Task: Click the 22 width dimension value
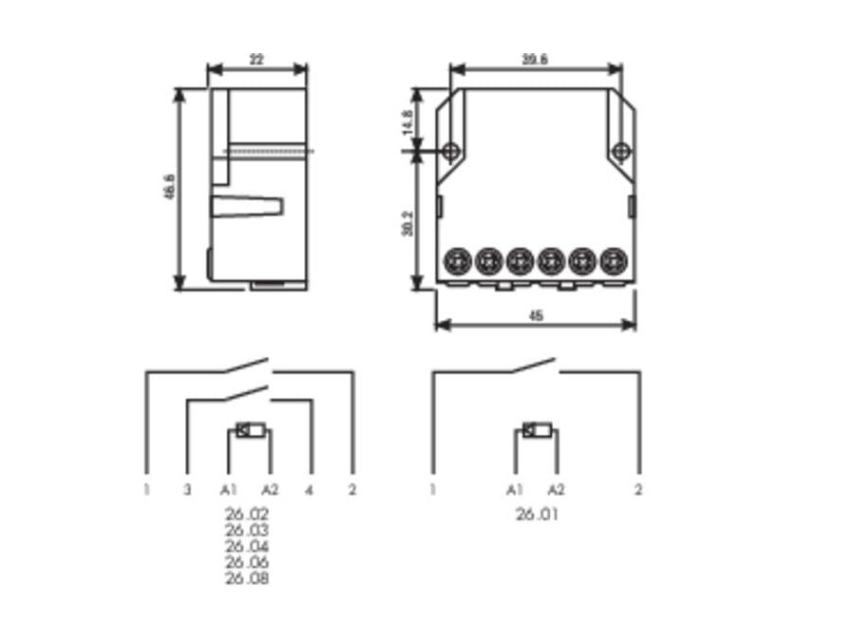click(256, 59)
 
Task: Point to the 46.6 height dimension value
click(168, 187)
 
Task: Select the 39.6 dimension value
click(535, 59)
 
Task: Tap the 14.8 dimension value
click(407, 121)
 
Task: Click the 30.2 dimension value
click(407, 223)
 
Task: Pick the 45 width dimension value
click(536, 315)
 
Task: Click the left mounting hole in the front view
click(451, 150)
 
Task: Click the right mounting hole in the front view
click(621, 150)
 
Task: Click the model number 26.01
click(537, 515)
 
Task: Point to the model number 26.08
click(247, 578)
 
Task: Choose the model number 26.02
click(247, 514)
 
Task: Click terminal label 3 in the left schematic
click(187, 490)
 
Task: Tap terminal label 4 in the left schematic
click(310, 490)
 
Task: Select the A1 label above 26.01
click(515, 490)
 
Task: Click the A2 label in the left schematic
click(271, 490)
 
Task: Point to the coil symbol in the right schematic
click(537, 431)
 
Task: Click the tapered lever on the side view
click(247, 205)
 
